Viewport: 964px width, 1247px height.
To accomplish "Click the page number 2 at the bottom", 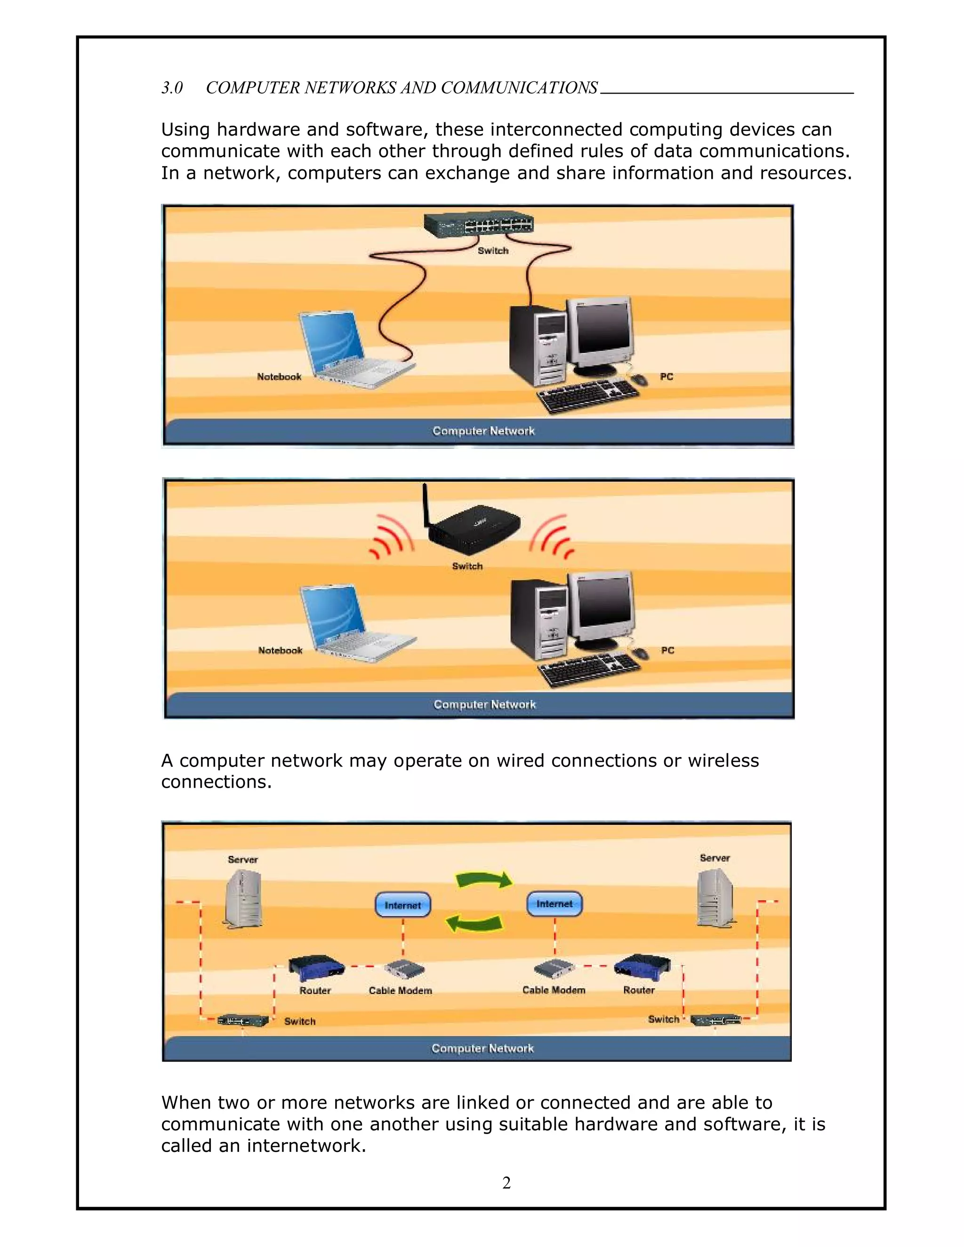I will [x=506, y=1183].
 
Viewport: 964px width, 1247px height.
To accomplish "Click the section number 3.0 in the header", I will [x=172, y=88].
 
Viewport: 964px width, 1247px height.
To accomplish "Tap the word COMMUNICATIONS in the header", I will [x=519, y=88].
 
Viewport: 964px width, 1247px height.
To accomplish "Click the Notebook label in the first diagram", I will [x=279, y=377].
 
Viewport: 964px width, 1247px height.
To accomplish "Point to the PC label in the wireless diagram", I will [x=667, y=650].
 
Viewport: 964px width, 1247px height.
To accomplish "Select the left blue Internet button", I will [x=402, y=905].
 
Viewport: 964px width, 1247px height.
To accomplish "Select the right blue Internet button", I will [x=554, y=904].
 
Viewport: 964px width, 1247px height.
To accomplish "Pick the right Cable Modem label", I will [x=554, y=990].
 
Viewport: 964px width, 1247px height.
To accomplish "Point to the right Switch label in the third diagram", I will [x=663, y=1019].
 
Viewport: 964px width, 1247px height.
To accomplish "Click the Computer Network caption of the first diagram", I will [x=483, y=431].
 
